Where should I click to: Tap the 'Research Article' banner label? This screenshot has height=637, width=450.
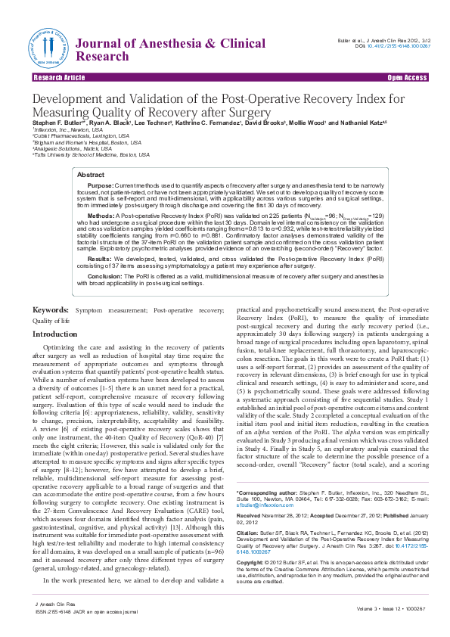coord(59,78)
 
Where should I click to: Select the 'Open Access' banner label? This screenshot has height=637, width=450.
coord(407,78)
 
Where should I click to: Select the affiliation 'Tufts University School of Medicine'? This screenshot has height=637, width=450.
coord(87,154)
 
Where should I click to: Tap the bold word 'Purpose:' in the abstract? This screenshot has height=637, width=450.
coord(101,185)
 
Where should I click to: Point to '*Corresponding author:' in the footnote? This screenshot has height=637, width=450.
coord(269,493)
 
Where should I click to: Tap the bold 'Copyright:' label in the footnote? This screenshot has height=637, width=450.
coord(251,563)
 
